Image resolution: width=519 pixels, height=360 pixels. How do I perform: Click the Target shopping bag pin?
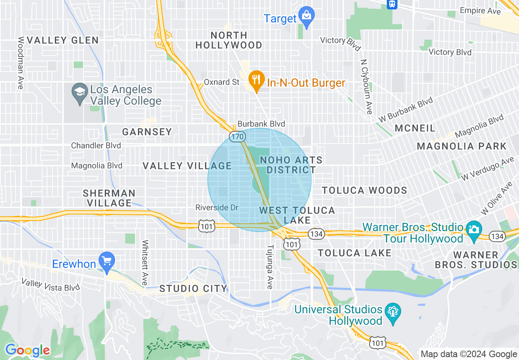[x=306, y=16]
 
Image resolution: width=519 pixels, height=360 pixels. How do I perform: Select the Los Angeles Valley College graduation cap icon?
[x=79, y=92]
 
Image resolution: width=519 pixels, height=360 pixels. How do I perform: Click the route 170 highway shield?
[x=237, y=137]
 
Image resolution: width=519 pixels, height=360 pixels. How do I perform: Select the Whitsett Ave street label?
[x=144, y=262]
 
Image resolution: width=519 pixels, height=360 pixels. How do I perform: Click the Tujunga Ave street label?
[x=270, y=267]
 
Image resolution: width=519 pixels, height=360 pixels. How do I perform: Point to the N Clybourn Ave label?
[x=366, y=87]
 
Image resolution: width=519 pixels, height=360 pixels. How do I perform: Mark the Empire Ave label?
[x=480, y=11]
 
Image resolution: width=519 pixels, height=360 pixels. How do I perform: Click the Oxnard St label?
[x=221, y=82]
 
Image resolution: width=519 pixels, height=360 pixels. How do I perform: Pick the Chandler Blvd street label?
[x=96, y=146]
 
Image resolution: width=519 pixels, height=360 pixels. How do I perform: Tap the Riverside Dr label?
[x=217, y=207]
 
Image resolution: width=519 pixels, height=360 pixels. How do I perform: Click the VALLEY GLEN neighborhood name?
[x=63, y=40]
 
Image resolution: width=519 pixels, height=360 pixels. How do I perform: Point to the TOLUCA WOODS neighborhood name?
[x=364, y=190]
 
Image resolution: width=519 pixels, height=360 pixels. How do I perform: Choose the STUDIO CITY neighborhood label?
[x=193, y=288]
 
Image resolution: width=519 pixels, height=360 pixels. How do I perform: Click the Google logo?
[x=27, y=350]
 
